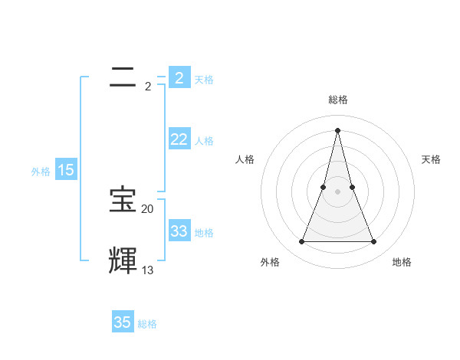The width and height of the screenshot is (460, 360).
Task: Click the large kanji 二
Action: point(123,76)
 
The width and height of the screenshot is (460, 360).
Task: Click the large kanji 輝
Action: point(123,260)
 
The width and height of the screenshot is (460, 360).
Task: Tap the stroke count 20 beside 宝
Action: point(147,209)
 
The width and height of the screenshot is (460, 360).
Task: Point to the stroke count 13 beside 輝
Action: point(147,270)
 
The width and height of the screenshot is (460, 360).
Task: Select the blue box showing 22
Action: point(179,139)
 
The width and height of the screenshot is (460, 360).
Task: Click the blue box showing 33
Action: point(179,231)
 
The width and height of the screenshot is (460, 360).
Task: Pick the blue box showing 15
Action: point(66,170)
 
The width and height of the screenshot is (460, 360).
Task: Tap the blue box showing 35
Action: point(123,322)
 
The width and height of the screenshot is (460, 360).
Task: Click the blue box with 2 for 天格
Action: point(179,77)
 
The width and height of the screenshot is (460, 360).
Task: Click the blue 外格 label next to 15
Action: point(41,172)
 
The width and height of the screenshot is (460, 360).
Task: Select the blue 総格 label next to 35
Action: point(147,324)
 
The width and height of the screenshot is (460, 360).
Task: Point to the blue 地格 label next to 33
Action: point(204,233)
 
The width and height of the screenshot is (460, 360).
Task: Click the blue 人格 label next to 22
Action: point(204,141)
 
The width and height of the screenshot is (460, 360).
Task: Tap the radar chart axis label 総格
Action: point(338,100)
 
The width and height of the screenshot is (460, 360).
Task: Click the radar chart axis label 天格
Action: point(431,159)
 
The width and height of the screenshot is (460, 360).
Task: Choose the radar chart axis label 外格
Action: point(270,262)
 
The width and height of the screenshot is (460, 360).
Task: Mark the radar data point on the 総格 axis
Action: point(337,129)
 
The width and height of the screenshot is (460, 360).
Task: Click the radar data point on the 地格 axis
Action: point(374,242)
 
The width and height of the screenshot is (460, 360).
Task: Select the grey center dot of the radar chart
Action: point(337,191)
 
